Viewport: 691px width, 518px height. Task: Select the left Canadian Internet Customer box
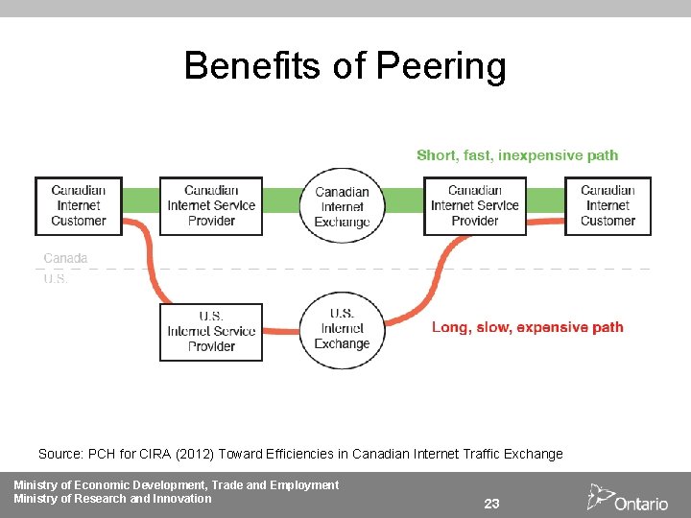tap(79, 205)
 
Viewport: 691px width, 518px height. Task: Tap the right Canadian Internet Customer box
tap(608, 205)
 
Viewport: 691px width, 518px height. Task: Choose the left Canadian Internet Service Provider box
tap(211, 205)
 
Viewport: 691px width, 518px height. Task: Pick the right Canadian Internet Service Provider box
tap(475, 205)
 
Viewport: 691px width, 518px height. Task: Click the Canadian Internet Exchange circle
tap(343, 206)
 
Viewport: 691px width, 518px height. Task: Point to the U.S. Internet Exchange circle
tap(343, 329)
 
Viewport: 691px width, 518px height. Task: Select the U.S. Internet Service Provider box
tap(211, 332)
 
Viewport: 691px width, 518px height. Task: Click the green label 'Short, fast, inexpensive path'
tap(517, 155)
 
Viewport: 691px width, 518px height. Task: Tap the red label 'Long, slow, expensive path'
tap(527, 327)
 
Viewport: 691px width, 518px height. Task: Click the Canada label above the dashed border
tap(65, 258)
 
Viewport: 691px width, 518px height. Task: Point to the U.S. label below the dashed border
tap(56, 279)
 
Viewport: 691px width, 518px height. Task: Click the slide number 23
tap(491, 504)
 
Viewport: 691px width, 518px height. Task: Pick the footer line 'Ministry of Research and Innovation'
tap(112, 499)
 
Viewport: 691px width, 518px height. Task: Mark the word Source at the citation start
tap(60, 454)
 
